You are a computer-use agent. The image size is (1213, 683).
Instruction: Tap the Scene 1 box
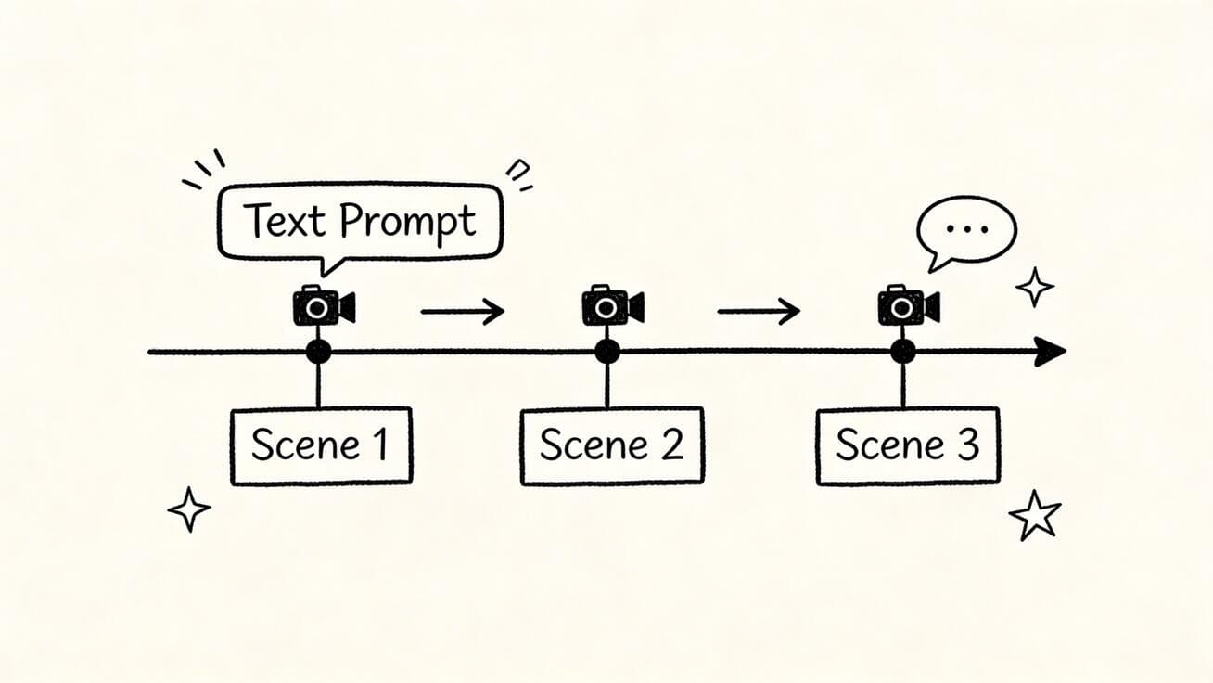point(321,445)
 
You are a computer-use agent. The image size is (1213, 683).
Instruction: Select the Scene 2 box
point(612,445)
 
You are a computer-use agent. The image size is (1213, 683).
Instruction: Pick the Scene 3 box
point(908,445)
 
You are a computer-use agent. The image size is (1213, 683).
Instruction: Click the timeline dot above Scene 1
point(318,352)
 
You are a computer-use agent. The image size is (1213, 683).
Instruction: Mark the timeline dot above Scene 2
point(607,352)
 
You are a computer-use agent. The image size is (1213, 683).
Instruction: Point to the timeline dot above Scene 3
point(902,352)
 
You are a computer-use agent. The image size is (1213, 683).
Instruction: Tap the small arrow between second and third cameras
point(759,311)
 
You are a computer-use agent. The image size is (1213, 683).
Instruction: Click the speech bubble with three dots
point(966,230)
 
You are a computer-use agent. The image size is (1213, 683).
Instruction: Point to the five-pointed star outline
point(1035,516)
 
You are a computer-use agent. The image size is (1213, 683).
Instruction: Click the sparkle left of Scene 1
point(189,509)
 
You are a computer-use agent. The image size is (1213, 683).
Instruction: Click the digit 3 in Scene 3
point(966,446)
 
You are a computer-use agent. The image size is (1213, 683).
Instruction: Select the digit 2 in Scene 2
point(671,446)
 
